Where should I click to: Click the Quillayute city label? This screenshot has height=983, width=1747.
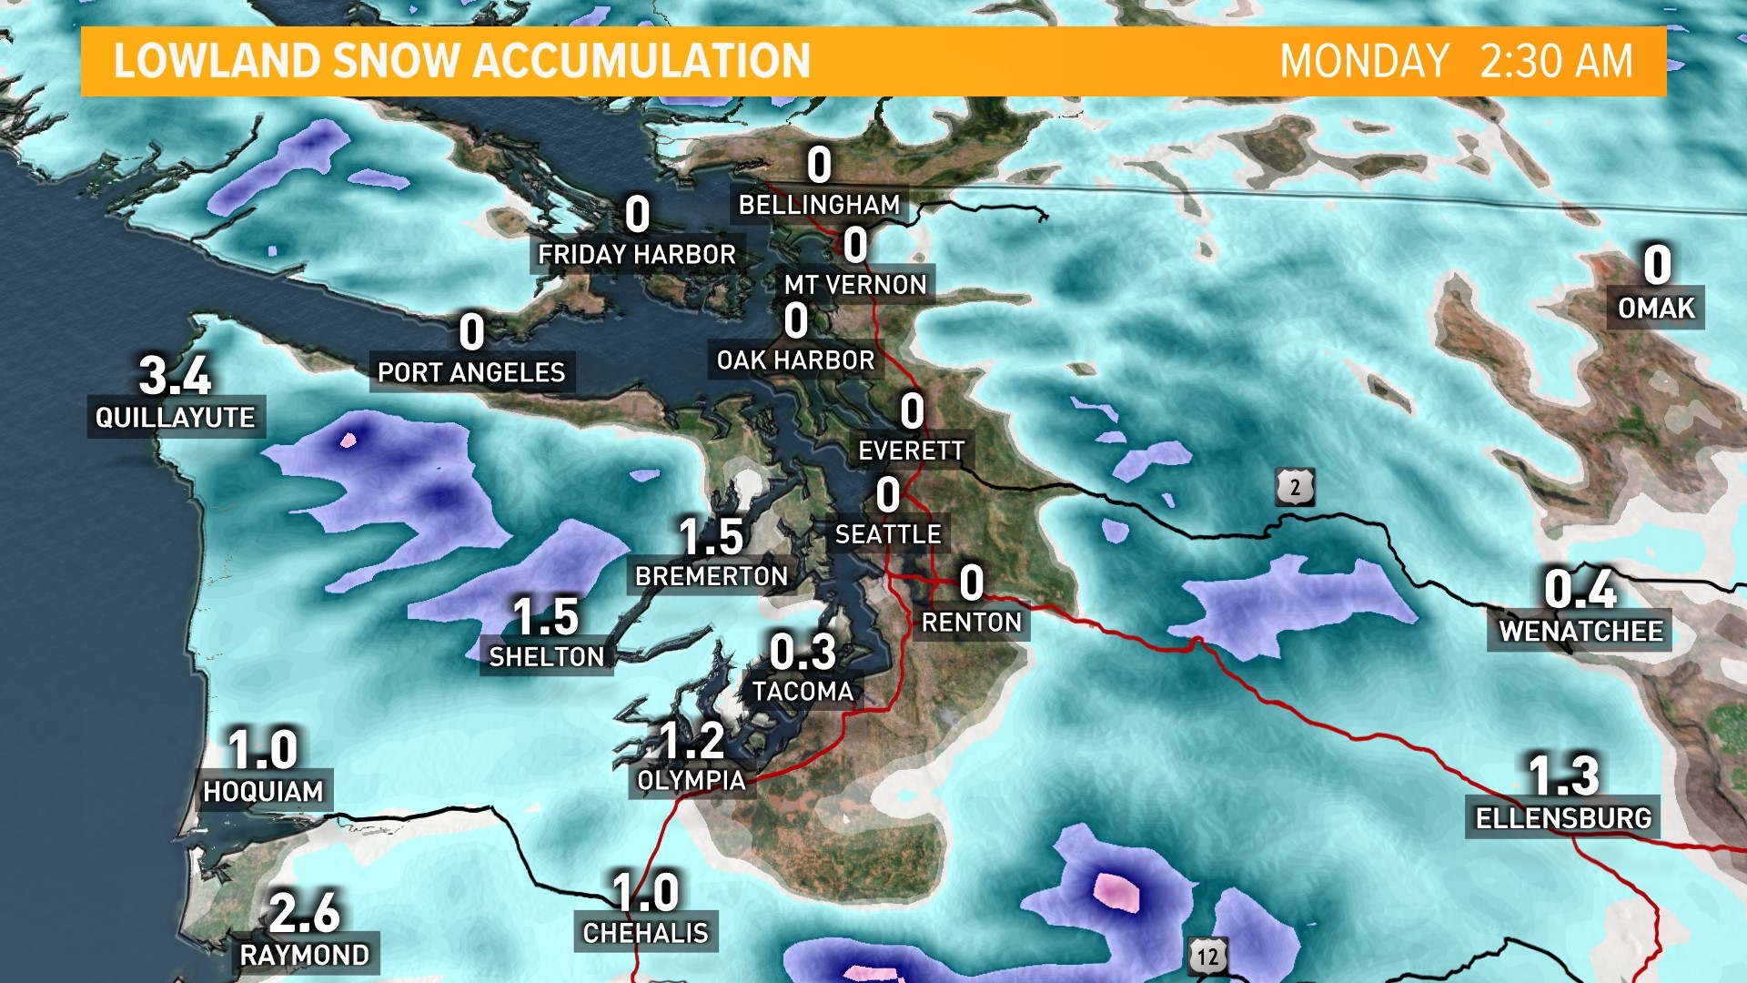click(176, 418)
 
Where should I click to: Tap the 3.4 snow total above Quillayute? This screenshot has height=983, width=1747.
click(175, 375)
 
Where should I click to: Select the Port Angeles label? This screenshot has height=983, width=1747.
click(471, 372)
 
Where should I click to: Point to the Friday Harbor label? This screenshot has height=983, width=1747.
click(637, 255)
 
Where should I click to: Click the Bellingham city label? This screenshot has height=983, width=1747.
click(819, 205)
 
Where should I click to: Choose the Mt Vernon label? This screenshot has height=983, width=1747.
click(855, 285)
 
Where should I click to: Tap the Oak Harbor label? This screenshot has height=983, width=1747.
click(795, 360)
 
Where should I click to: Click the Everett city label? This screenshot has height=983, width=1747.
click(912, 451)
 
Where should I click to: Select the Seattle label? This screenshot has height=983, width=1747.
click(888, 534)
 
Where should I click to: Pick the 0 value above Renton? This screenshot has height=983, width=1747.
click(971, 583)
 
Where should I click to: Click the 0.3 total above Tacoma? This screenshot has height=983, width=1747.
click(803, 652)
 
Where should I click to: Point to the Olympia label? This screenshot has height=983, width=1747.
click(692, 781)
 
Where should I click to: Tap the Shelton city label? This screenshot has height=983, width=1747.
click(546, 657)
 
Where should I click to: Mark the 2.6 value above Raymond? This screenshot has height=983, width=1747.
click(304, 912)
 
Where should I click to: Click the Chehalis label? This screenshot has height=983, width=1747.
click(645, 933)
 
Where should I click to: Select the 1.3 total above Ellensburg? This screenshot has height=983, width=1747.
click(1563, 775)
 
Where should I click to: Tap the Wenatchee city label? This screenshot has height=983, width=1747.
click(1580, 631)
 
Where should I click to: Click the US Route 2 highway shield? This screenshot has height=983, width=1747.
click(1295, 489)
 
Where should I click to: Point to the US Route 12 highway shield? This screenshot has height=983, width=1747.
click(1207, 957)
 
